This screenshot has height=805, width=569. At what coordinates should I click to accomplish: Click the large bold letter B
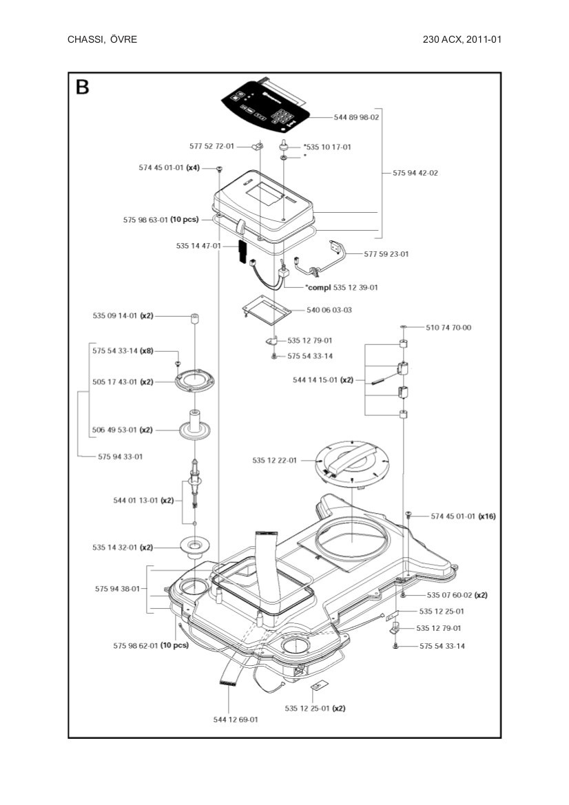(82, 87)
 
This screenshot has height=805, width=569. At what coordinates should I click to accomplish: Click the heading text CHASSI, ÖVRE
(102, 39)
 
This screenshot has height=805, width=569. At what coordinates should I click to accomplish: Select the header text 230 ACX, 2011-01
(462, 39)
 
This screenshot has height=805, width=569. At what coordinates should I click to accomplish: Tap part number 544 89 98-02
(356, 117)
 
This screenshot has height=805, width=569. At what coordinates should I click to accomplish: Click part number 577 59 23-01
(386, 254)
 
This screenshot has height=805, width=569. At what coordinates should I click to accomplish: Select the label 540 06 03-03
(329, 310)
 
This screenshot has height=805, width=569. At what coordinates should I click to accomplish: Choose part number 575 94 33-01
(121, 457)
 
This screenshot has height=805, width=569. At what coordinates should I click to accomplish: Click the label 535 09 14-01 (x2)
(123, 316)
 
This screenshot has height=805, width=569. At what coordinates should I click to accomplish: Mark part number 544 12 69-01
(236, 720)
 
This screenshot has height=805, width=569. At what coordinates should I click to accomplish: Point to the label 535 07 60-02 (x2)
(457, 595)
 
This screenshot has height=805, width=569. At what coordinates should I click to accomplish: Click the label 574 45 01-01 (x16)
(463, 516)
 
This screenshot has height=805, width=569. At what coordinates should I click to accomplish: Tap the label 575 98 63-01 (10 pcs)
(161, 220)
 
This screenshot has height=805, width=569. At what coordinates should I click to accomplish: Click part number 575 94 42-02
(415, 173)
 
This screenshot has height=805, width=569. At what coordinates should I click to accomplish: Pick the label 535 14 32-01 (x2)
(123, 547)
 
